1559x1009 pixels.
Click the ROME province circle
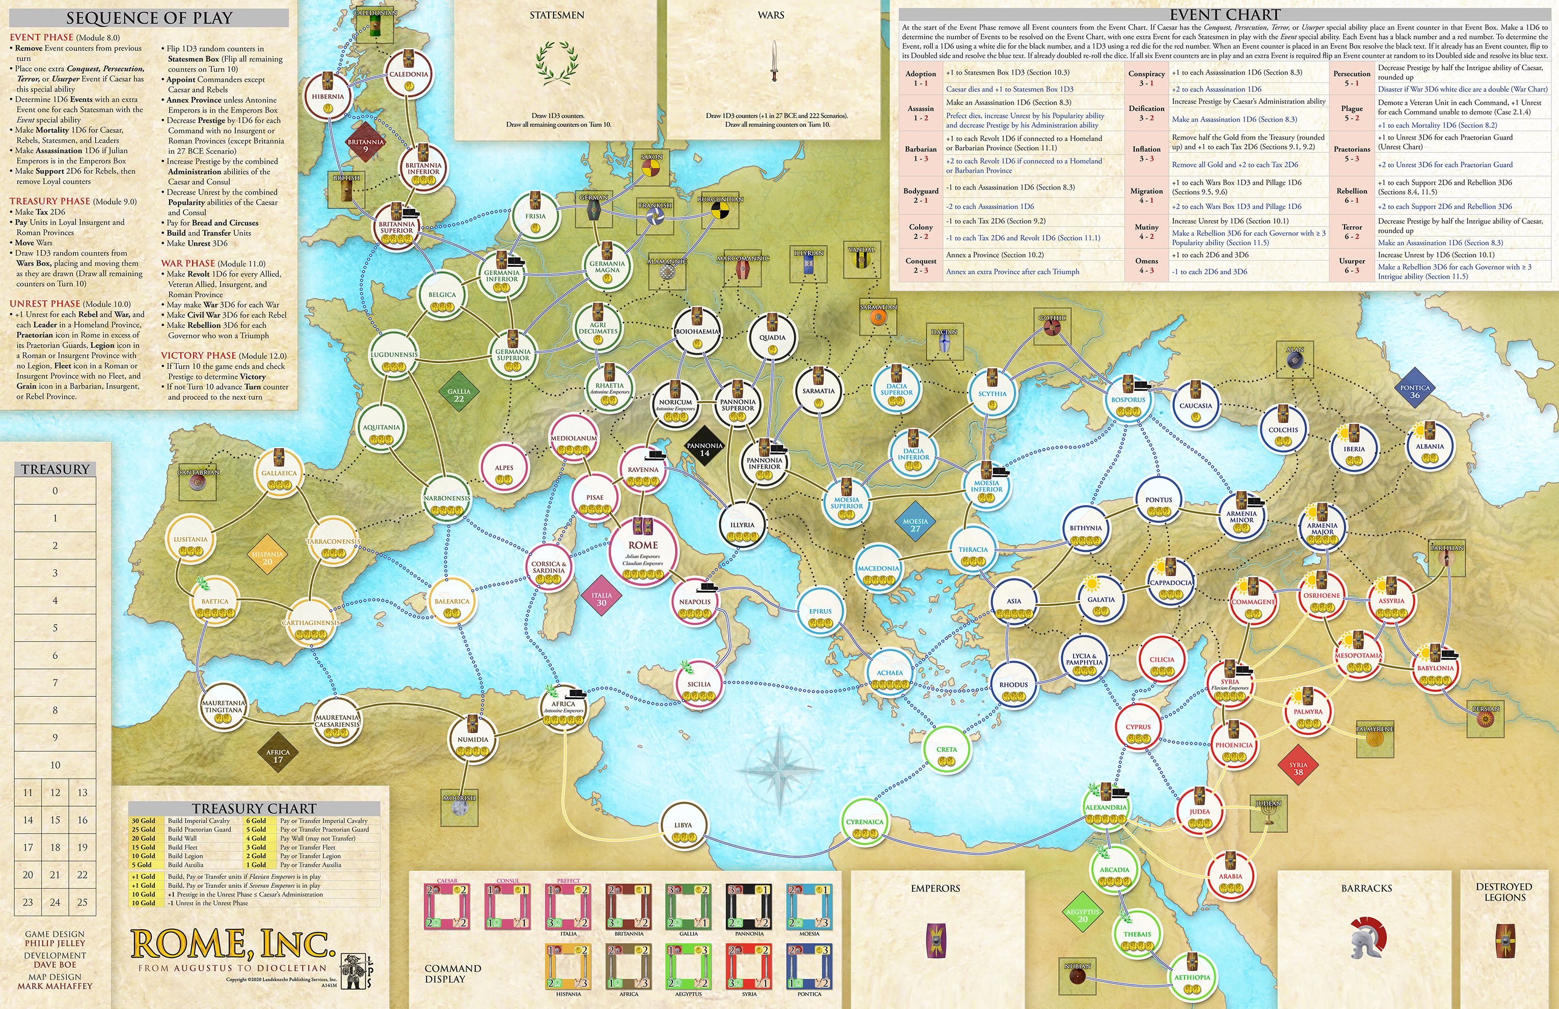tap(642, 550)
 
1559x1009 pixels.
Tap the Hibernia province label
tap(328, 96)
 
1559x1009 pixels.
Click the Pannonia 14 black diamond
tap(704, 449)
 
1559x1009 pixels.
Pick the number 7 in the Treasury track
tap(55, 683)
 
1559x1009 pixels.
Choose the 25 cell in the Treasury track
tap(82, 902)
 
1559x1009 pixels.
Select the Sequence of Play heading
tap(149, 18)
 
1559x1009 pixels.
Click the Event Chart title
tap(1224, 14)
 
